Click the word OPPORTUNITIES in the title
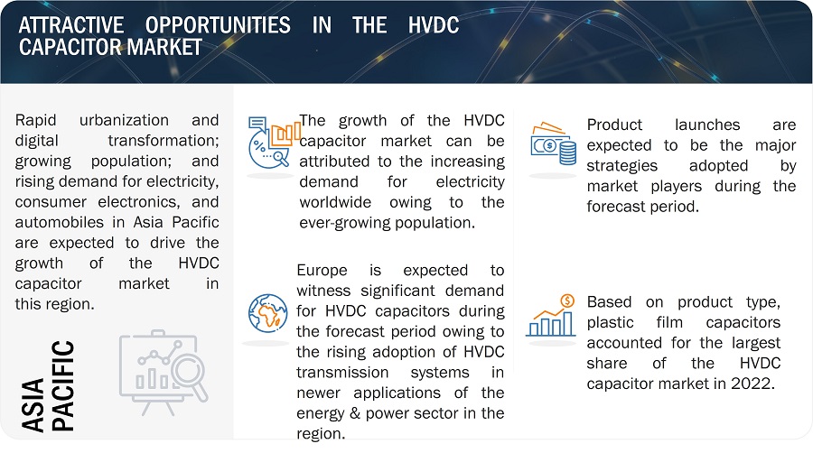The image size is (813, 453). tap(218, 25)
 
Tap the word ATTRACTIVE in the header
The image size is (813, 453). tap(71, 25)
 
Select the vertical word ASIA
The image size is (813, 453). tap(33, 405)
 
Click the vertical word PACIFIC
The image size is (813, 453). tap(63, 385)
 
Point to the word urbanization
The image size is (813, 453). tap(124, 120)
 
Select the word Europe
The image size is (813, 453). tap(322, 270)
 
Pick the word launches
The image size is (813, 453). tap(707, 125)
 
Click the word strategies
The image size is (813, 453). tap(621, 166)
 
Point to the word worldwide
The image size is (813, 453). tap(335, 202)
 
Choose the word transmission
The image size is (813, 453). tap(342, 373)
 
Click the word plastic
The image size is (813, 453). tap(610, 322)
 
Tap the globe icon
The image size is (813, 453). tap(267, 313)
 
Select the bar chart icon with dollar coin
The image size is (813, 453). tap(551, 315)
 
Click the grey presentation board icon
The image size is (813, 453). tap(164, 372)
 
